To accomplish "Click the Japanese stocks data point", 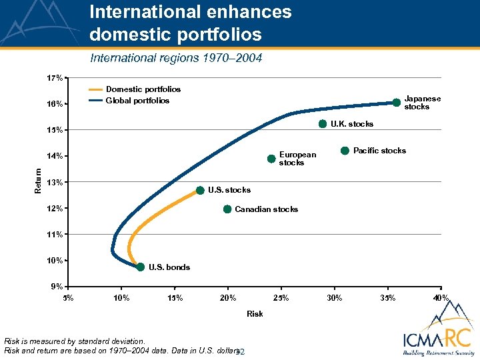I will point(396,103).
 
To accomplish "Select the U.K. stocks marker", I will point(323,123).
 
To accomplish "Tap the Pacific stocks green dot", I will point(345,151).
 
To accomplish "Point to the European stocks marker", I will point(271,159).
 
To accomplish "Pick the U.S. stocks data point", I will point(200,190).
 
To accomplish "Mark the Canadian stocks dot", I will point(227,209).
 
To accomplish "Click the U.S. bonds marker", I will point(140,267).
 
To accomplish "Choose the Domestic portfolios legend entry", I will point(143,89).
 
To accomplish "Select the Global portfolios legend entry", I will point(137,101).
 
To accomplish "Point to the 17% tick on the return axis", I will point(55,78).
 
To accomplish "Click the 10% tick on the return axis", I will point(55,260).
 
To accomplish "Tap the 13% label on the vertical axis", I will point(55,182).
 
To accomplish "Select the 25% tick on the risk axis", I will point(281,297).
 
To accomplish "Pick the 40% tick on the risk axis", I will point(440,297).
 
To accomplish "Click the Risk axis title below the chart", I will point(255,313).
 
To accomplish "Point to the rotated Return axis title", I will point(37,180).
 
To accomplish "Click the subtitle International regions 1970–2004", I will point(176,58).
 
